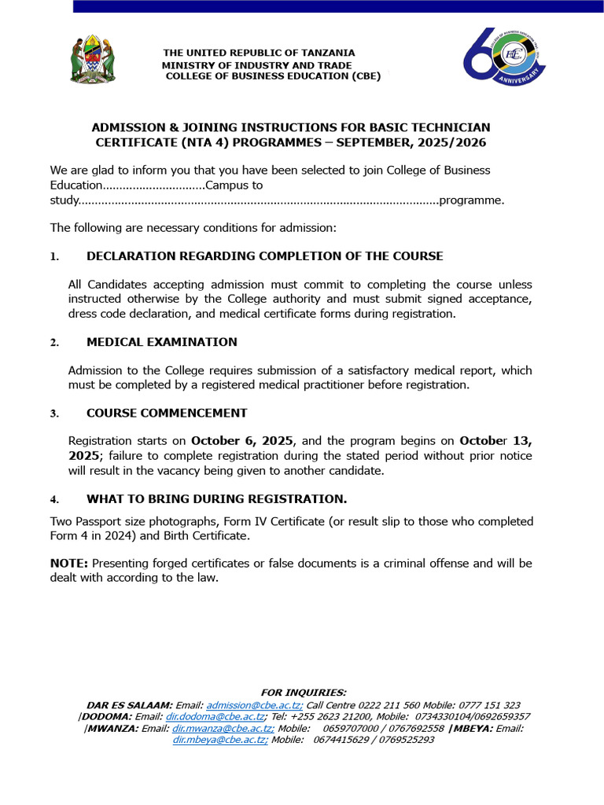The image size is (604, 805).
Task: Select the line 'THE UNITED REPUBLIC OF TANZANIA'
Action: tap(259, 53)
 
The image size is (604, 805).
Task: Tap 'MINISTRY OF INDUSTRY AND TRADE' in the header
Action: tap(258, 64)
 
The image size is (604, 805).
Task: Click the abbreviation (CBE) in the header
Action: tap(366, 76)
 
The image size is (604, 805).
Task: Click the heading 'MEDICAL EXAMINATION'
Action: tap(161, 342)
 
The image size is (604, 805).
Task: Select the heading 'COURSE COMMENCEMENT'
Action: tap(167, 413)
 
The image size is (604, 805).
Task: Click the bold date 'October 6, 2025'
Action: tap(242, 441)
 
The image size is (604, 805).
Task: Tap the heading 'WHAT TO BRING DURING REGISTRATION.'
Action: tap(216, 499)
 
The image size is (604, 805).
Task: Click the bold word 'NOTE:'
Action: tap(69, 564)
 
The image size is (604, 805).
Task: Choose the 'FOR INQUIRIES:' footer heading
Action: tap(303, 693)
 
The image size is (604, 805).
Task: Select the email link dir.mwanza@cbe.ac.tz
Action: tap(223, 729)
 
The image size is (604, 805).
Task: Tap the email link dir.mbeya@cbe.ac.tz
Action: tap(220, 740)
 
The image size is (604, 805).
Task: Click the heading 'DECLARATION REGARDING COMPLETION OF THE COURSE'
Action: tap(264, 256)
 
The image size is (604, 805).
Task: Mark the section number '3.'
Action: tap(54, 414)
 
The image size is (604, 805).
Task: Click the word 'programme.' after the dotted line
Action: tap(472, 200)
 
